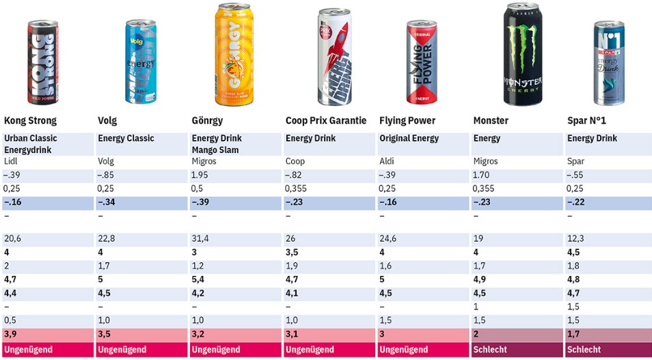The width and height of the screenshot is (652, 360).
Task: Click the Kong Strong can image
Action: (x=42, y=62)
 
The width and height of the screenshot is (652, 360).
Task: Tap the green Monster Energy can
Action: (x=523, y=55)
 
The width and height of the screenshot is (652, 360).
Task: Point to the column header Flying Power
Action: (x=407, y=121)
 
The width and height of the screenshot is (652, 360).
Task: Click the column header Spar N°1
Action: (x=587, y=121)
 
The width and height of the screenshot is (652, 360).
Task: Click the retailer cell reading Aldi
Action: (x=387, y=162)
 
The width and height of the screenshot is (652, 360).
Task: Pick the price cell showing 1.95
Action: (x=200, y=176)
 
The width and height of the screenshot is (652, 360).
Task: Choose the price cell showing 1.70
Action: (x=481, y=176)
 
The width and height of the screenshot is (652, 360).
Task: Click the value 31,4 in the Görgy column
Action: (x=200, y=238)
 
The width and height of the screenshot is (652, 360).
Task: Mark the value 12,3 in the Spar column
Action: (x=575, y=238)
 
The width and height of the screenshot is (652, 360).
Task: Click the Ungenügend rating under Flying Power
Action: (x=403, y=350)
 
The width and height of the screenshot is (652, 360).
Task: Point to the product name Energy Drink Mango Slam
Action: (x=217, y=143)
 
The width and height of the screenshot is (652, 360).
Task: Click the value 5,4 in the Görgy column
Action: (x=198, y=279)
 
